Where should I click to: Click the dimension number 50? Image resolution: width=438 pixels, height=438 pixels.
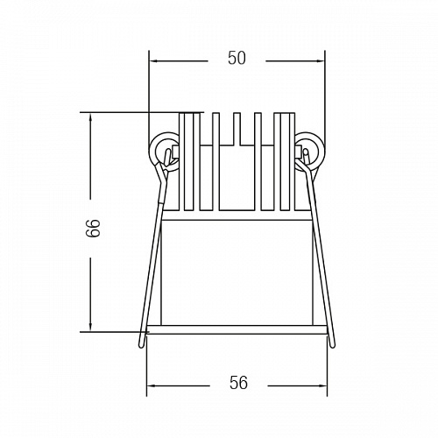click(237, 58)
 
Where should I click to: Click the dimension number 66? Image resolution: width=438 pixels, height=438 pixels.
click(93, 228)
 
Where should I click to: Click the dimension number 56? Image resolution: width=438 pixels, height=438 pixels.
click(238, 383)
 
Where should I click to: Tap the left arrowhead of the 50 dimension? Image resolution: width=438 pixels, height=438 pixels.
click(153, 61)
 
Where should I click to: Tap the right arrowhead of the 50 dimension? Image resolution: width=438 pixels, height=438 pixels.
click(321, 61)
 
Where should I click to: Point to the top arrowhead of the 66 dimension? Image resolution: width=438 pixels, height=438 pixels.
click(90, 117)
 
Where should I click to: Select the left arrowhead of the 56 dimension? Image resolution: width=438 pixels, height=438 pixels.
click(152, 385)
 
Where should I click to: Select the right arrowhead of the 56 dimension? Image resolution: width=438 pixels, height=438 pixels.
click(322, 385)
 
